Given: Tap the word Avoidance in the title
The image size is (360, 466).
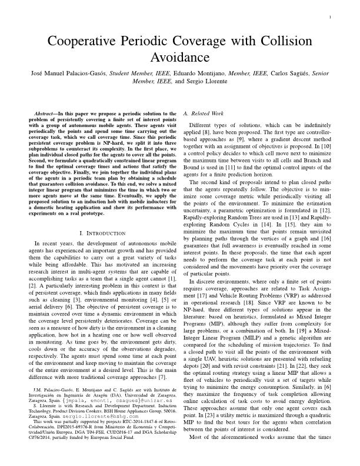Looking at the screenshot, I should pos(180,56).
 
